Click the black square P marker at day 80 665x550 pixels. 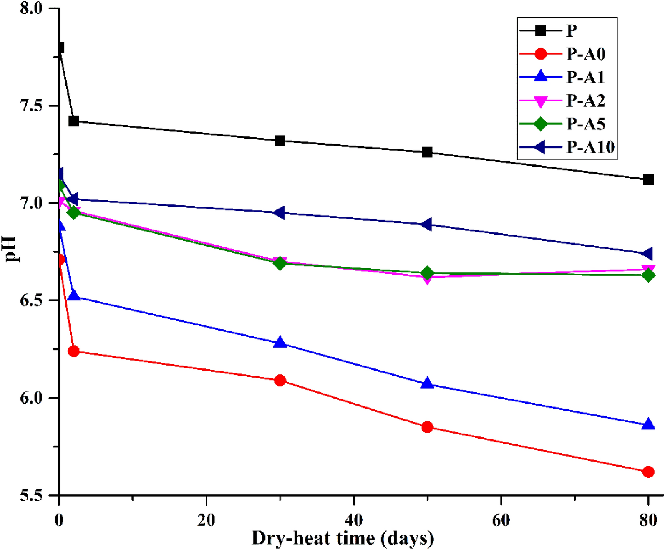[x=648, y=180]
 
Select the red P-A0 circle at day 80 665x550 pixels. [x=648, y=472]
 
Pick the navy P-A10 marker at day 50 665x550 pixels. [x=426, y=225]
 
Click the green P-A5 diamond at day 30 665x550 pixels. [x=280, y=263]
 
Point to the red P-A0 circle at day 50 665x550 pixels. [x=427, y=427]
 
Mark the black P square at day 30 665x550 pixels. [x=280, y=141]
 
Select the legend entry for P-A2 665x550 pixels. [x=585, y=101]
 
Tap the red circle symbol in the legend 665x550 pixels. [x=541, y=54]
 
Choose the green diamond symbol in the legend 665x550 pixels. [x=541, y=124]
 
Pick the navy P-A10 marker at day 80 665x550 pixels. [x=647, y=253]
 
